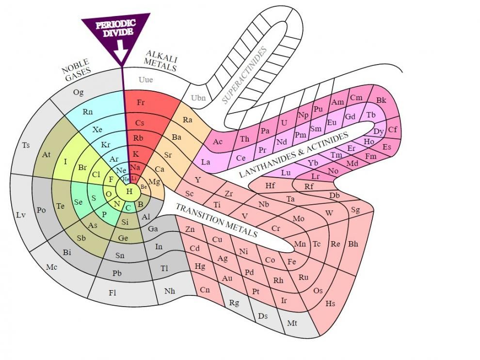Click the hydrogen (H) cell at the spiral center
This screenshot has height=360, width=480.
coord(129,192)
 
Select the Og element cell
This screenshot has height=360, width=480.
coord(78,92)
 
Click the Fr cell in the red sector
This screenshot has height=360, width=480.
coord(141,103)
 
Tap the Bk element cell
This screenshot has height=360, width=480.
coord(382,100)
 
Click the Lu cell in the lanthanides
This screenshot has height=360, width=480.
coord(286,173)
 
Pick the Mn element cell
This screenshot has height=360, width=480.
coord(300,244)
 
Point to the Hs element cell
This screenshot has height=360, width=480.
coord(330,304)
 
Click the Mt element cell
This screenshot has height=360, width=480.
coord(292,323)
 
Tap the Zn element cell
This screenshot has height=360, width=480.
coord(190,229)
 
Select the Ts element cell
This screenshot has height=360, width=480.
coord(26,145)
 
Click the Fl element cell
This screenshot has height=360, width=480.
coord(112,293)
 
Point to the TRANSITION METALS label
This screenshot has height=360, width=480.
coord(216,220)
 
